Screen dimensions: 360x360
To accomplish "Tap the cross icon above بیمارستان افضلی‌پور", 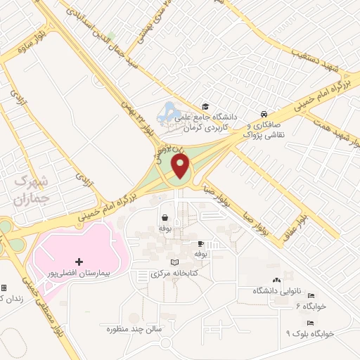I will [78, 262].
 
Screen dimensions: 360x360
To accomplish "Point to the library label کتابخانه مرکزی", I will [176, 272].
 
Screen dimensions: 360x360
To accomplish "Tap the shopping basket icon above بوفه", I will [165, 218].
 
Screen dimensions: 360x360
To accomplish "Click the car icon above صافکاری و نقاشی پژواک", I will [262, 114].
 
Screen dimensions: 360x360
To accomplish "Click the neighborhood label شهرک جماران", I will [30, 190].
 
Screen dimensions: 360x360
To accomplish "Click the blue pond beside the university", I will [169, 111].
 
